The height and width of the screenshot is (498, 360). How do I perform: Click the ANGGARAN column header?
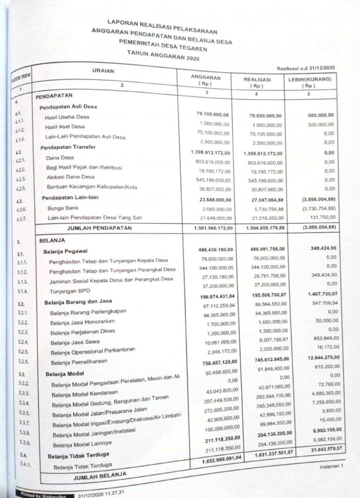(206, 78)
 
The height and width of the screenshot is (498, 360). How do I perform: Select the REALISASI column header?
(257, 80)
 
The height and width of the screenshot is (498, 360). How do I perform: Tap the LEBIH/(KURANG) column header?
(309, 79)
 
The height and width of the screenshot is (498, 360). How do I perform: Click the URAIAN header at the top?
(103, 71)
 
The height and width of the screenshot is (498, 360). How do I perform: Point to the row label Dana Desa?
(60, 158)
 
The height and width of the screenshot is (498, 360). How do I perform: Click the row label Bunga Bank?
(63, 208)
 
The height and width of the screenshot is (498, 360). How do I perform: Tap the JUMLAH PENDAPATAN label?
(99, 228)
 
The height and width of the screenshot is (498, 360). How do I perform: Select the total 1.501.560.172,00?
(213, 228)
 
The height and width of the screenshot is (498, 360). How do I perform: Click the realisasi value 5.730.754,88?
(268, 209)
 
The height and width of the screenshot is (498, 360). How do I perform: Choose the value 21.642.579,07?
(326, 449)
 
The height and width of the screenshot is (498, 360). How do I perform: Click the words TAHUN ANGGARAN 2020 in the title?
(163, 56)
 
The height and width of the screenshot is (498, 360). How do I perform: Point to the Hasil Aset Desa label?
(65, 127)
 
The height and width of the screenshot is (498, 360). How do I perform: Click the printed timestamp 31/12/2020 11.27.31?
(101, 494)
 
